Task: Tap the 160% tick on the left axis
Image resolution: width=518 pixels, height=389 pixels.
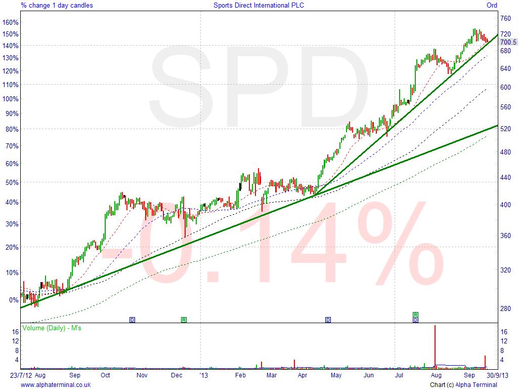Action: (x=11, y=22)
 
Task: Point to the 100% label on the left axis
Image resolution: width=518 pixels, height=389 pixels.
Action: (x=11, y=99)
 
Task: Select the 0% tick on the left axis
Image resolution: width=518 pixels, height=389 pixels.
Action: (x=13, y=300)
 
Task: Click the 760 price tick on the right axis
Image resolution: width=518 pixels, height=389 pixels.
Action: (x=505, y=19)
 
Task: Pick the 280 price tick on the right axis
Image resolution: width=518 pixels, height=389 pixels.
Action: (x=505, y=308)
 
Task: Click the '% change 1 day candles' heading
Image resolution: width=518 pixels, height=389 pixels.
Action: (x=57, y=6)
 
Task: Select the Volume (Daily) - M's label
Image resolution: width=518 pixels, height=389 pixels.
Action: (x=52, y=328)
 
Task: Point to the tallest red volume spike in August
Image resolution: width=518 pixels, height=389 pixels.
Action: (x=435, y=344)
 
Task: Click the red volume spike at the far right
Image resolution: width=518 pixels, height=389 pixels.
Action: (x=485, y=361)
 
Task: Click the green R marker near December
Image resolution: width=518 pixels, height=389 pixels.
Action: (x=184, y=320)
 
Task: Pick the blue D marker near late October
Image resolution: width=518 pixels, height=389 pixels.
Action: (x=133, y=320)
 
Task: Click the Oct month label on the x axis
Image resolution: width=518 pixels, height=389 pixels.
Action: (x=105, y=376)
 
